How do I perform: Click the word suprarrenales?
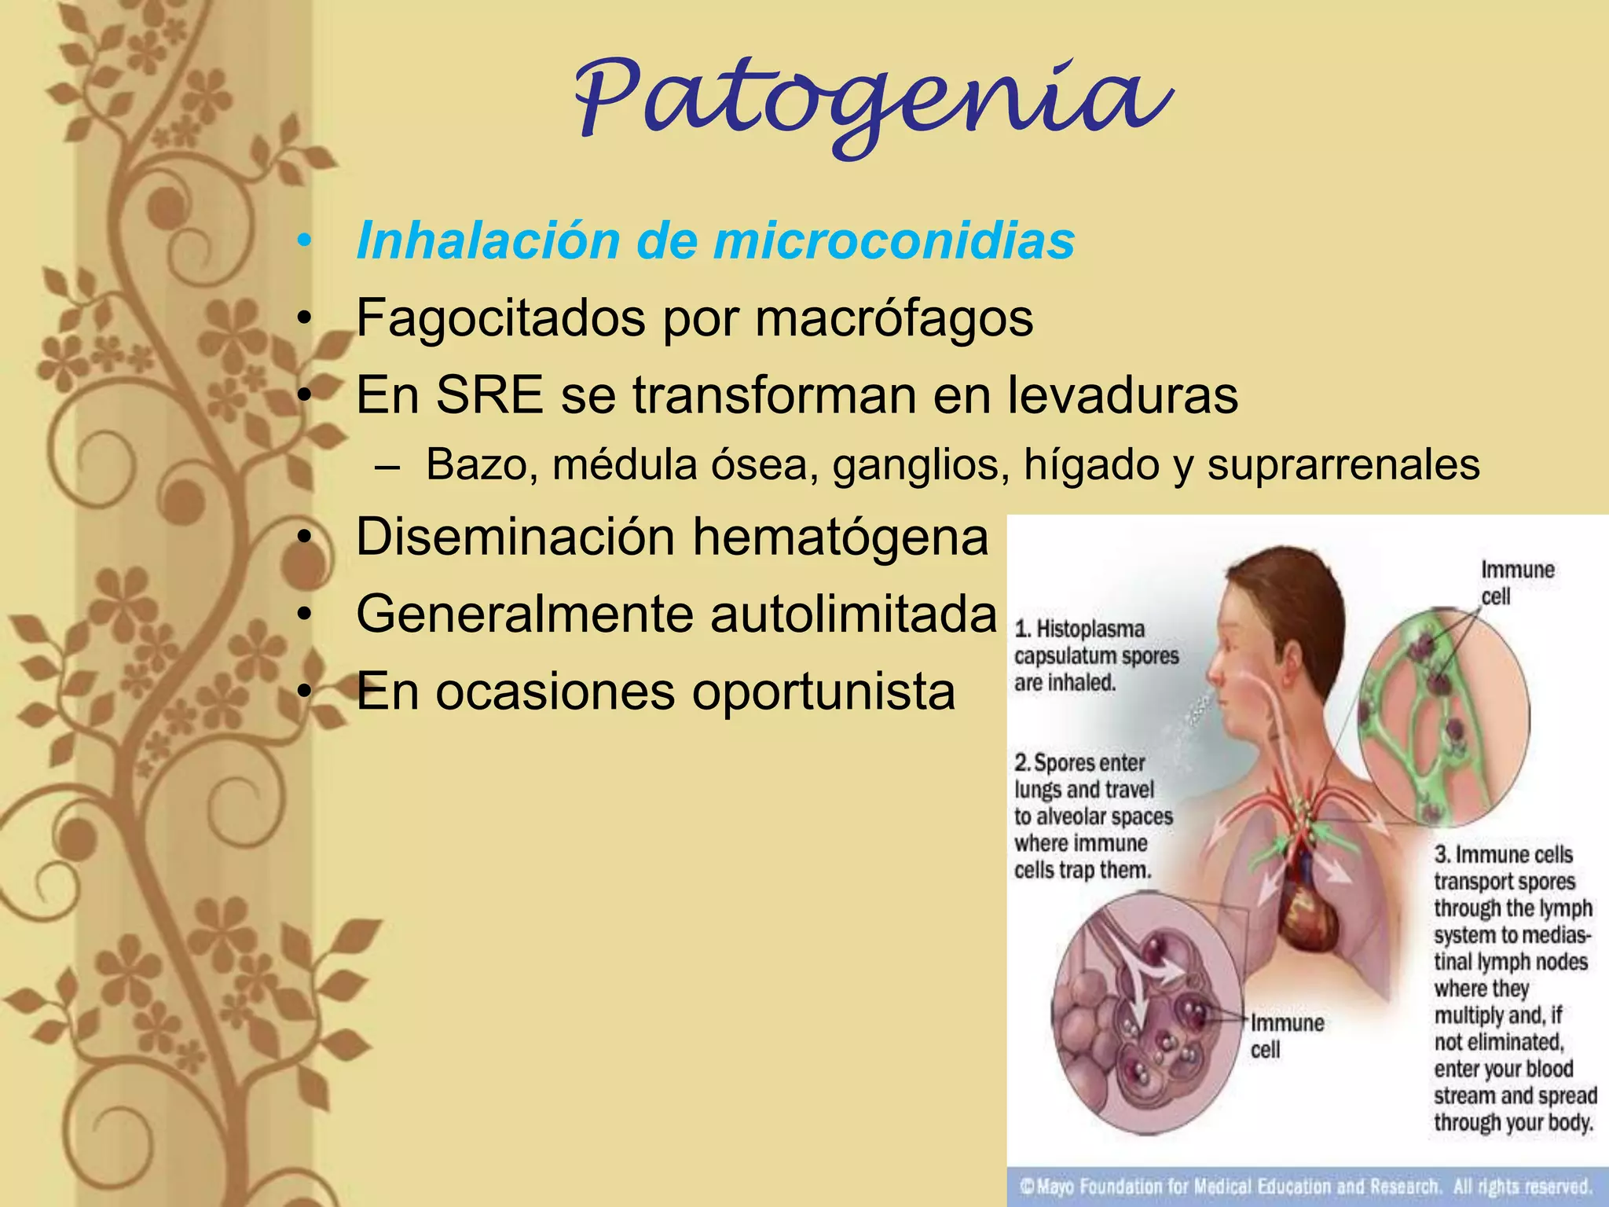click(x=1343, y=464)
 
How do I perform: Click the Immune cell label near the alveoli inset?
click(x=1286, y=1036)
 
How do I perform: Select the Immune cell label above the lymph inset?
click(x=1516, y=582)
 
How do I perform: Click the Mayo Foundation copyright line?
click(x=1306, y=1186)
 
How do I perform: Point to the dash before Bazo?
click(x=386, y=466)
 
